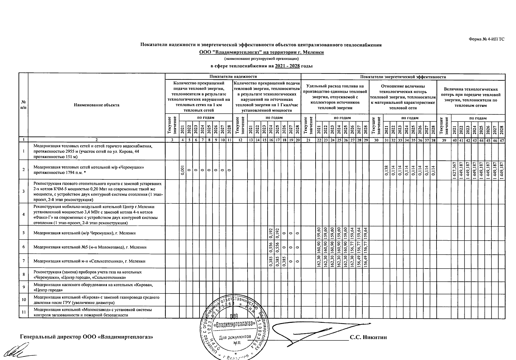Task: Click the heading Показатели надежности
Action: [x=233, y=77]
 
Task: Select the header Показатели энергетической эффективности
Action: [x=403, y=77]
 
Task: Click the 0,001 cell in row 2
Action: [x=182, y=170]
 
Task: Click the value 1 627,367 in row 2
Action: [x=454, y=170]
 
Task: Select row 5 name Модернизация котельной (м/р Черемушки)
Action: [x=85, y=233]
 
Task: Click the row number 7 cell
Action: [x=23, y=261]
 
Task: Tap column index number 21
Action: [x=308, y=140]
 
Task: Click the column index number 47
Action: [x=502, y=140]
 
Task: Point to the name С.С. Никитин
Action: [x=368, y=337]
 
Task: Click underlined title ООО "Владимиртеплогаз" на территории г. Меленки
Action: [x=262, y=52]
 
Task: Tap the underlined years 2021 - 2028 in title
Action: [x=287, y=66]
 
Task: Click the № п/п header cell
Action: [x=23, y=105]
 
